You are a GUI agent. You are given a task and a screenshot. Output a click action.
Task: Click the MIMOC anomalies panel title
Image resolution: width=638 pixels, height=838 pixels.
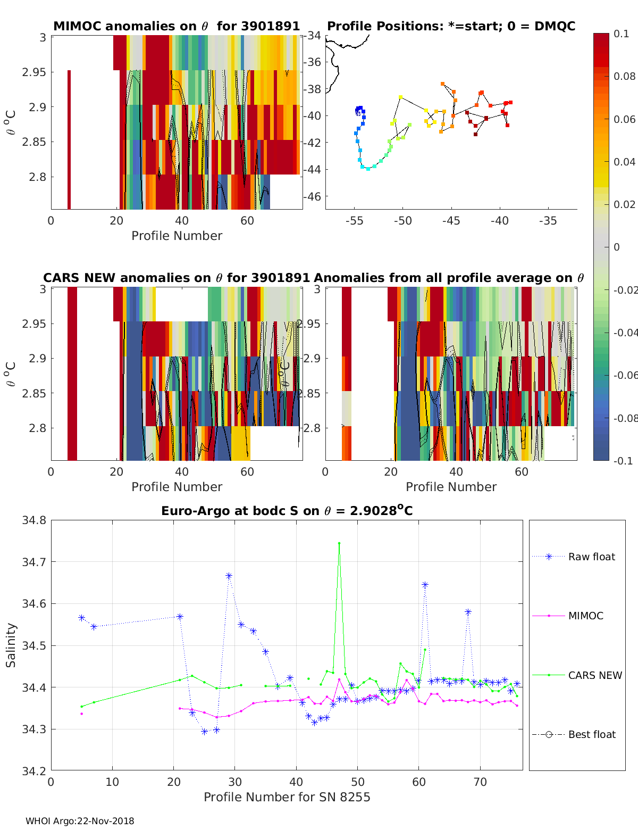(177, 26)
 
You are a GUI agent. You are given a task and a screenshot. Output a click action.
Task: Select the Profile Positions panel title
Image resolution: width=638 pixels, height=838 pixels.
(451, 26)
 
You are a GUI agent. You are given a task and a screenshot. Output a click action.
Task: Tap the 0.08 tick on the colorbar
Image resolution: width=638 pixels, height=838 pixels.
(624, 76)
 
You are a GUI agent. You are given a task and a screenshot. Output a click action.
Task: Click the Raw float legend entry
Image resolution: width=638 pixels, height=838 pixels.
(591, 557)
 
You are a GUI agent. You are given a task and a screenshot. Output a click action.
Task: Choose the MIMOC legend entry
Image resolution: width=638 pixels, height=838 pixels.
(585, 616)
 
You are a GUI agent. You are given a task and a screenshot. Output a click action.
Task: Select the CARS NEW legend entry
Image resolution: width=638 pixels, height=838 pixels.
(594, 675)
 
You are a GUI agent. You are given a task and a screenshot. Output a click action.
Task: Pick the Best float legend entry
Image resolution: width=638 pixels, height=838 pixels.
(591, 734)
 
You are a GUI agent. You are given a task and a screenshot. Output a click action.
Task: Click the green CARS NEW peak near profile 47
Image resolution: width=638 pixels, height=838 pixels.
(339, 543)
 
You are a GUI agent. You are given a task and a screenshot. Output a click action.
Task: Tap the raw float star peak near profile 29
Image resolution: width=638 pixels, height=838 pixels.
(229, 576)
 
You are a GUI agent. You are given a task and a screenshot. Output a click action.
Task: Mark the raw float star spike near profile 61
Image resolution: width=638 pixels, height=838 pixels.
(425, 585)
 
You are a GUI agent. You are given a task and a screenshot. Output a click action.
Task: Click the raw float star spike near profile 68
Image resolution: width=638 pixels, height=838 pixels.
(468, 612)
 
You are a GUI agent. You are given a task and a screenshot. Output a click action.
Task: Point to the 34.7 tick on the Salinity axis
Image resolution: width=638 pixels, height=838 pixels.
(33, 562)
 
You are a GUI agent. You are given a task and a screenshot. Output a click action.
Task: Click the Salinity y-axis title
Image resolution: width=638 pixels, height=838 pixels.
(11, 645)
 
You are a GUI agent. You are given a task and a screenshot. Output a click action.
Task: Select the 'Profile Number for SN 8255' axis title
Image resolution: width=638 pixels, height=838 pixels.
(287, 797)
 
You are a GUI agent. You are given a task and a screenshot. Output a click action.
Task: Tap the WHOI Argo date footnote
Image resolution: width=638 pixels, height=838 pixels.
(80, 821)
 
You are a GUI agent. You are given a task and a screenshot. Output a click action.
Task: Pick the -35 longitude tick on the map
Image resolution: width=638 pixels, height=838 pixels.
(548, 221)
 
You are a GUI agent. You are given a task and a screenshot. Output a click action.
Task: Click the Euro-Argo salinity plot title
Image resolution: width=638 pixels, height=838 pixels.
(287, 511)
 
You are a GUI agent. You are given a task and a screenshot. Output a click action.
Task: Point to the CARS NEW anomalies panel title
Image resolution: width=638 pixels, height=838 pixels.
(177, 278)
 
